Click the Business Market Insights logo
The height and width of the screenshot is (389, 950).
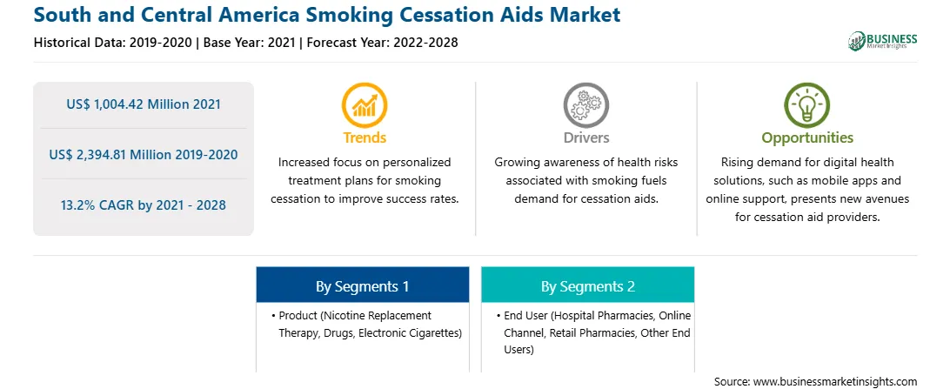pos(883,41)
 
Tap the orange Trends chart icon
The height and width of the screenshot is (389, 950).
pos(365,104)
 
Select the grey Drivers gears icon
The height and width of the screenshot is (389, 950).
pos(585,104)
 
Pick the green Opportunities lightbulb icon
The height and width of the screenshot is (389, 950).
pos(807,104)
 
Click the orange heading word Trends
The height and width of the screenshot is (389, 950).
pos(365,137)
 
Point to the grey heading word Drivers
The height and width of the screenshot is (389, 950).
pos(585,137)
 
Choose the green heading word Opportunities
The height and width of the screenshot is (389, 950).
pos(807,138)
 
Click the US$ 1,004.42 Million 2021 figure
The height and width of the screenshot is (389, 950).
pos(143,104)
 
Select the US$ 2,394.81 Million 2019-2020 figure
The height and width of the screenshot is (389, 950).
pos(143,155)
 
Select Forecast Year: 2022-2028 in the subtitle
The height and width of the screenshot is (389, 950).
pos(381,43)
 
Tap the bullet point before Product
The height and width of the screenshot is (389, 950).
pos(273,316)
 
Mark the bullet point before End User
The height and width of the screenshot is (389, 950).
pos(498,316)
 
